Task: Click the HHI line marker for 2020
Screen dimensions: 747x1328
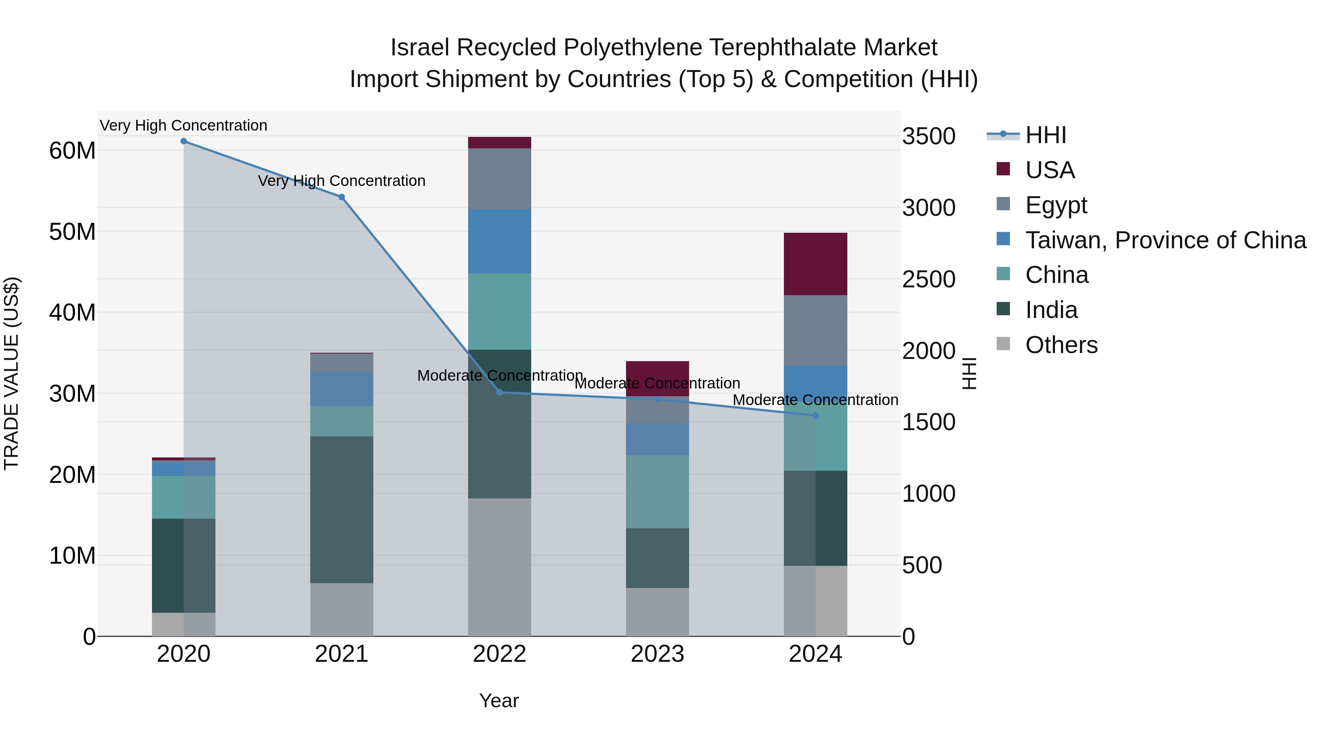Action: tap(184, 141)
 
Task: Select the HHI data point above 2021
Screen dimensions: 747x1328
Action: tap(341, 197)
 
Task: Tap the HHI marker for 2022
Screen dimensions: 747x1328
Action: tap(499, 392)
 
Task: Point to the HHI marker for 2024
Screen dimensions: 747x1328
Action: tap(816, 415)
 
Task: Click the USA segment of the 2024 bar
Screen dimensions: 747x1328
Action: tap(816, 264)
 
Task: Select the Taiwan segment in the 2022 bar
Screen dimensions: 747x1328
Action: tap(499, 241)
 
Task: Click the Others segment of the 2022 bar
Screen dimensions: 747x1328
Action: tap(499, 567)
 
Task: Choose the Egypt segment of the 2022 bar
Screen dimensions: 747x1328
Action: tap(499, 179)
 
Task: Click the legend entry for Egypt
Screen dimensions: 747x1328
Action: tap(1055, 205)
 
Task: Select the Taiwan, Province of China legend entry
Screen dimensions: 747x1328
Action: tap(1165, 240)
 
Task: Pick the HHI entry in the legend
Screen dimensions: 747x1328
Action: tap(1045, 135)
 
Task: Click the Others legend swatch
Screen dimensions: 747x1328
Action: tap(1003, 344)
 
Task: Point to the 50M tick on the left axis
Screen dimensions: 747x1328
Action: tap(72, 232)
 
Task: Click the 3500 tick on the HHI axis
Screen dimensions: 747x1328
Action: tap(928, 136)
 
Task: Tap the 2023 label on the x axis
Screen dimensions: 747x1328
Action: tap(657, 654)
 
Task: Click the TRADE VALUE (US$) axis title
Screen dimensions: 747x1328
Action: tap(11, 373)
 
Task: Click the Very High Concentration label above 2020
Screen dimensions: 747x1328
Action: tap(184, 125)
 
